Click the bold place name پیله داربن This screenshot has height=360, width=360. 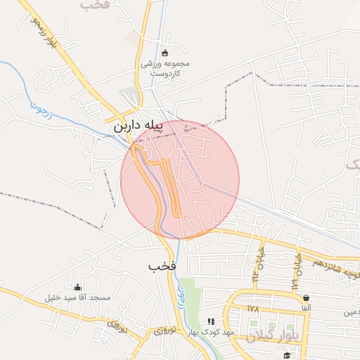139,126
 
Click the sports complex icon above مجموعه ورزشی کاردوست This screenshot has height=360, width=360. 165,52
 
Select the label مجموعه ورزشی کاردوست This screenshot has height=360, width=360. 165,67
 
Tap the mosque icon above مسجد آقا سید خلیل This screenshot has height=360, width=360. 78,287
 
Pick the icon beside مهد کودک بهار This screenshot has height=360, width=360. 211,321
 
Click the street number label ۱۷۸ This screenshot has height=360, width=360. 254,308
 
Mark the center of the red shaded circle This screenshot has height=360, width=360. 180,180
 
